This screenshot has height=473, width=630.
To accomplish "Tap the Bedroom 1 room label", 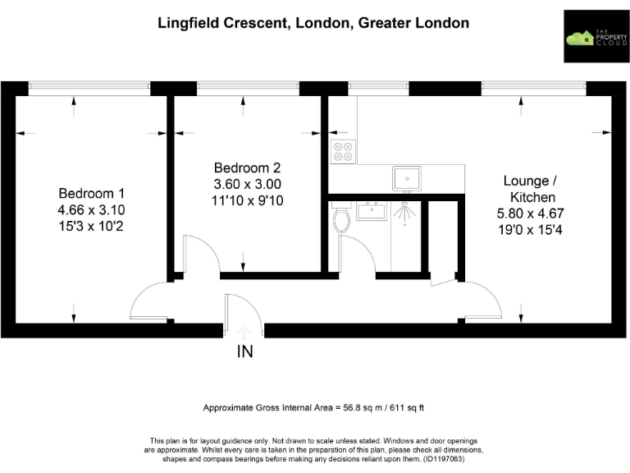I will click(91, 193).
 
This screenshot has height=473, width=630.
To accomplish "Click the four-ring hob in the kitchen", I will click(342, 150).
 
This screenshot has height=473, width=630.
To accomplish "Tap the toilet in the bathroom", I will click(342, 218).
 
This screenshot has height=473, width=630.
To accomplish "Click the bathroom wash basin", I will click(372, 213).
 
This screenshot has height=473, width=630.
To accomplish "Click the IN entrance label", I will click(244, 352).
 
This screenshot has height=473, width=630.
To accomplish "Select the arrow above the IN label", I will click(244, 332).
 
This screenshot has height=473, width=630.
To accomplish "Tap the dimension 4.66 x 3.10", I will click(91, 209).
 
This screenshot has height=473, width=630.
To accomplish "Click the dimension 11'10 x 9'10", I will click(245, 200).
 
